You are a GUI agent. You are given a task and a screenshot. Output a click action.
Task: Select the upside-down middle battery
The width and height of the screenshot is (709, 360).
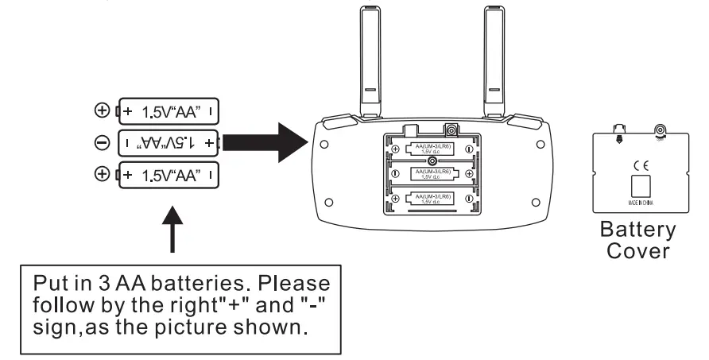tap(168, 142)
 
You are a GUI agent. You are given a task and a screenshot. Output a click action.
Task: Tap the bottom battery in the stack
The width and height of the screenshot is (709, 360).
tap(168, 172)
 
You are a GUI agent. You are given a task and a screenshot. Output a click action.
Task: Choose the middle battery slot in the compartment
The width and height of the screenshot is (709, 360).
tap(431, 174)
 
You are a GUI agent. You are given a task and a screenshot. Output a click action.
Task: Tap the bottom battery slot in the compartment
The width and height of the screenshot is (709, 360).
tap(431, 199)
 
